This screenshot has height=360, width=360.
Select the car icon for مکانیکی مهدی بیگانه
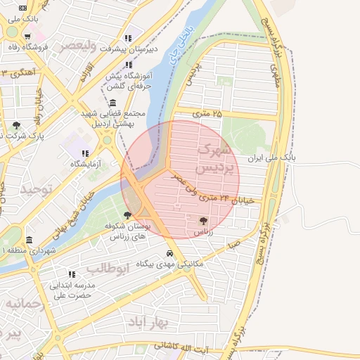[x=169, y=253]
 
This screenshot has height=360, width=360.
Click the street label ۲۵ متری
[x=207, y=113]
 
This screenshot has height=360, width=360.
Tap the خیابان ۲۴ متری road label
[x=224, y=200]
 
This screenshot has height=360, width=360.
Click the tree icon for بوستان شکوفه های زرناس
[x=127, y=215]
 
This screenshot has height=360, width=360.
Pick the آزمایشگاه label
[x=85, y=164]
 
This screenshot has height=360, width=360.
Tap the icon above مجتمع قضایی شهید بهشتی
[x=113, y=103]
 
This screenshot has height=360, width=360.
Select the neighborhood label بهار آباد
[x=150, y=321]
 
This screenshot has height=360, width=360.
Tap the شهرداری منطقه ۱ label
[x=29, y=250]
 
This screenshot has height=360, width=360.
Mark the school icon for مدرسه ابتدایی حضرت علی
[x=71, y=274]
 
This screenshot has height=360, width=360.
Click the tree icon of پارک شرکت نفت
[x=16, y=125]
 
